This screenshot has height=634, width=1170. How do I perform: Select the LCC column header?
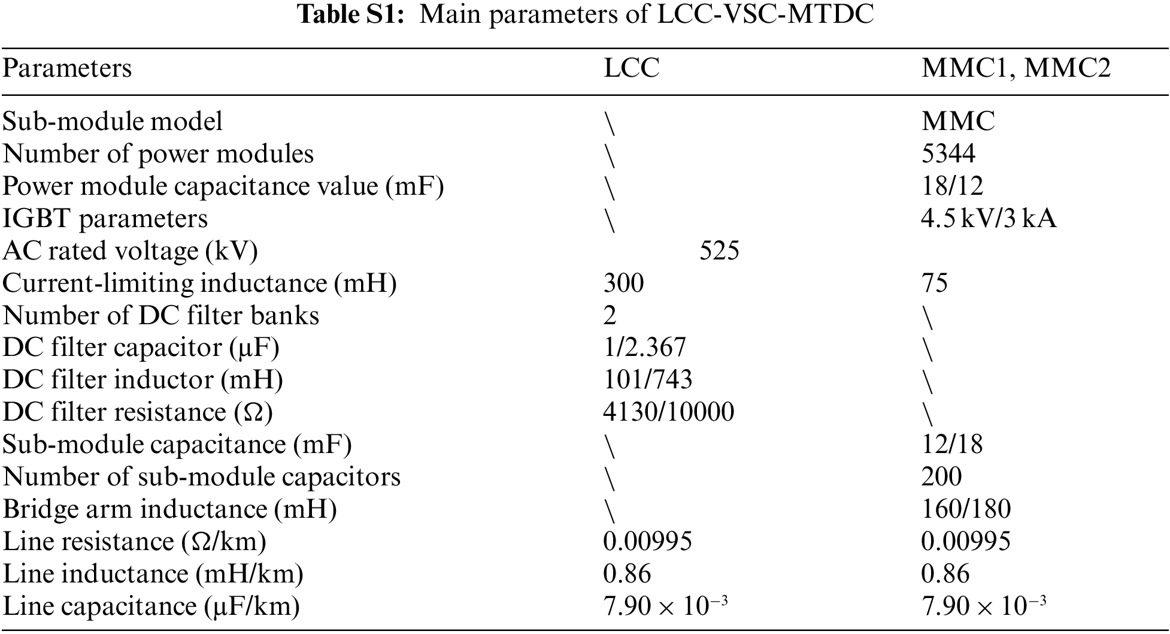[x=631, y=68]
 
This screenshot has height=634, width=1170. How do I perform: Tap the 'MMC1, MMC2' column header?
[x=1016, y=68]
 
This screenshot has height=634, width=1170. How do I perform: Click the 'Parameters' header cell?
[x=67, y=68]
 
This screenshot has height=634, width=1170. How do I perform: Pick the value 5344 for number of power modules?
[x=948, y=154]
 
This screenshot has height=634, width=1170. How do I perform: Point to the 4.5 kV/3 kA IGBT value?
[x=989, y=219]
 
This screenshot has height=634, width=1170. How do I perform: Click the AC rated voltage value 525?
[x=719, y=251]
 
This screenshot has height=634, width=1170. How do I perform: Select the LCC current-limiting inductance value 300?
[x=623, y=283]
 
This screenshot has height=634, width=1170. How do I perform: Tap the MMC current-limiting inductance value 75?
[x=935, y=283]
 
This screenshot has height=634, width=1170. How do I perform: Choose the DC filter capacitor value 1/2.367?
[x=644, y=348]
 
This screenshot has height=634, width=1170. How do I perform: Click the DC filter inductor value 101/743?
[x=647, y=380]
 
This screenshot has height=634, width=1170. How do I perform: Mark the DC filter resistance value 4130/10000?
[x=668, y=412]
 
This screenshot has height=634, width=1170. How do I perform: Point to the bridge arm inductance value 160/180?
[x=966, y=509]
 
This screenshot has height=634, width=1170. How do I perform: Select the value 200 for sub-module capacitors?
[x=941, y=477]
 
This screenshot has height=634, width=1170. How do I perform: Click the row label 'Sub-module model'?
[x=113, y=122]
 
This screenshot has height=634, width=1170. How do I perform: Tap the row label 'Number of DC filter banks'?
[x=161, y=316]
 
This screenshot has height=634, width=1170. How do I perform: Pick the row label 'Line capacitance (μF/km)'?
[x=151, y=607]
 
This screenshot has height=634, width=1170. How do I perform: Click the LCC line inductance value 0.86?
[x=626, y=574]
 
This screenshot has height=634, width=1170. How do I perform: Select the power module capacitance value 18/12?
[x=952, y=186]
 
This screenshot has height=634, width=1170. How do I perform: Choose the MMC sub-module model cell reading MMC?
[x=958, y=122]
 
